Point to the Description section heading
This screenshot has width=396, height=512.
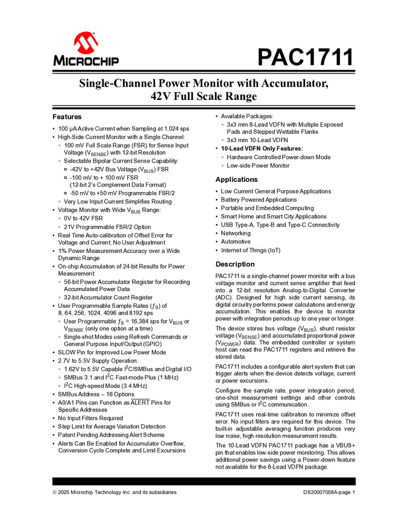235,264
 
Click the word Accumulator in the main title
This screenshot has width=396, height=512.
292,84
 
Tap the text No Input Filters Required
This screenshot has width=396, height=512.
90,418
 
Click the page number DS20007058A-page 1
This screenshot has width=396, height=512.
330,492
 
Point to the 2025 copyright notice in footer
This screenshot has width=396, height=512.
115,492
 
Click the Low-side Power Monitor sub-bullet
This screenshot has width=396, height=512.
258,165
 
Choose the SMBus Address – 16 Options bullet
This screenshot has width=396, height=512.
96,393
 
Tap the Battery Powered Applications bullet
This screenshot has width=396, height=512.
259,199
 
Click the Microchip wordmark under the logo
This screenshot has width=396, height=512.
86,61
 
